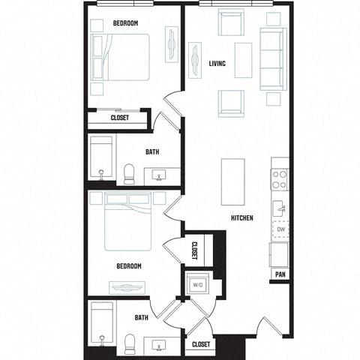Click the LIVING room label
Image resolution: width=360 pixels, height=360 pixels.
[x=217, y=64]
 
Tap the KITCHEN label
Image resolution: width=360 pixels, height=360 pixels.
[x=241, y=218]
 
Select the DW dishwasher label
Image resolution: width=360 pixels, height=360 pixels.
[x=279, y=229]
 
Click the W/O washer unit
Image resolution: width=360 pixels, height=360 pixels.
[x=198, y=285]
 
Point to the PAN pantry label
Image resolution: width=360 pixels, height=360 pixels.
[x=279, y=274]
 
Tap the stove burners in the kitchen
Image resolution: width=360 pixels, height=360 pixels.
[x=279, y=179]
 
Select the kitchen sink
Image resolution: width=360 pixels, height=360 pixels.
[x=279, y=208]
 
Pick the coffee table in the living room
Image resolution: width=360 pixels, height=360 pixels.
[x=242, y=60]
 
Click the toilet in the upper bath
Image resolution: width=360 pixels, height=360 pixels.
[x=129, y=175]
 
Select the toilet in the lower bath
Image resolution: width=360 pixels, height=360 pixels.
[x=128, y=343]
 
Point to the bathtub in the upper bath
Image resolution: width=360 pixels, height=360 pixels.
[x=101, y=157]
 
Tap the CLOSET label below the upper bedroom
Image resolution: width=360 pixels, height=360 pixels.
[x=119, y=118]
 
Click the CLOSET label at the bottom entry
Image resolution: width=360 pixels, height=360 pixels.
[x=200, y=344]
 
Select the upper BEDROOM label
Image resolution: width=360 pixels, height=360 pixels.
[x=125, y=23]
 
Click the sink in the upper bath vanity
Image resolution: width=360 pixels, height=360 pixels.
[x=160, y=177]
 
